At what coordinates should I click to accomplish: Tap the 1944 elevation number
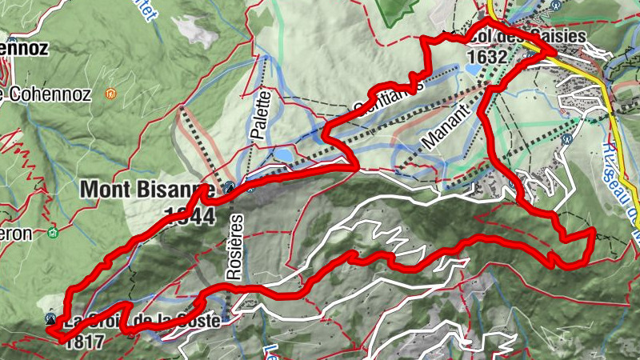pyautogui.click(x=189, y=216)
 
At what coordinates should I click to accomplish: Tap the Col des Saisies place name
pyautogui.click(x=528, y=37)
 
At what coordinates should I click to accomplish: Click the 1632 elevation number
pyautogui.click(x=487, y=57)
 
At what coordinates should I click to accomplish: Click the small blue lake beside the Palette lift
pyautogui.click(x=282, y=154)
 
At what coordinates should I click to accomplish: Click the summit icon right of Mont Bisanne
pyautogui.click(x=231, y=188)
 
